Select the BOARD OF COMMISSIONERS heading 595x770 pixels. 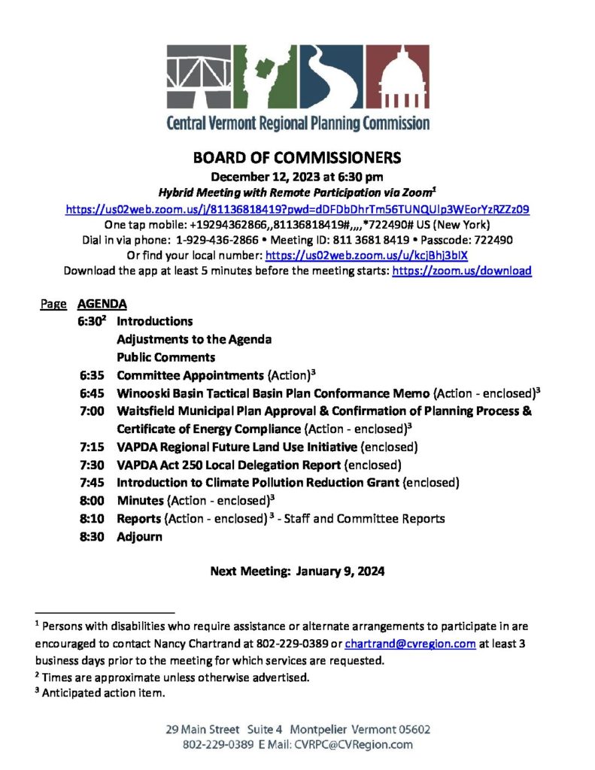point(297,159)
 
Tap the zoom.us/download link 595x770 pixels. point(462,271)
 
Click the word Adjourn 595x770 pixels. point(139,538)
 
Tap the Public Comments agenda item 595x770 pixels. point(165,357)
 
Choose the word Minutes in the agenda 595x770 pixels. point(141,502)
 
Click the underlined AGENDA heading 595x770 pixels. point(102,305)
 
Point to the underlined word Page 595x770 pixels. point(53,305)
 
